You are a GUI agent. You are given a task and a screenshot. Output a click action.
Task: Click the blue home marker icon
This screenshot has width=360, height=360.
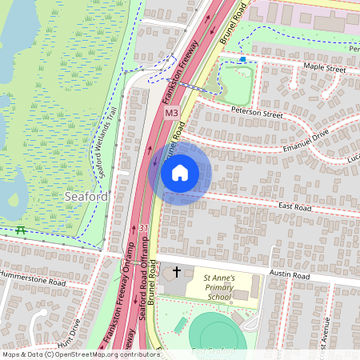coord(180,172)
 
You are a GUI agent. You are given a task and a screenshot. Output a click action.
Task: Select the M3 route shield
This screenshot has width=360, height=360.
coord(171,114)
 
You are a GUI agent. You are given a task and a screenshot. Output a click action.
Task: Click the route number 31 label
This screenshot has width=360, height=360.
coord(143,230)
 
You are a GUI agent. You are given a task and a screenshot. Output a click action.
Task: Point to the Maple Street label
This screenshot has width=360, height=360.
coord(324,70)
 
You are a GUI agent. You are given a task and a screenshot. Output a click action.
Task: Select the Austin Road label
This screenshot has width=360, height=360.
coord(290,275)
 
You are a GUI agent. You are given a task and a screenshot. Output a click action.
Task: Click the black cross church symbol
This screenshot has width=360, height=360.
coord(177,272)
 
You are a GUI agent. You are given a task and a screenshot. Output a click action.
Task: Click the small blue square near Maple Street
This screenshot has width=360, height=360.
coord(243,59)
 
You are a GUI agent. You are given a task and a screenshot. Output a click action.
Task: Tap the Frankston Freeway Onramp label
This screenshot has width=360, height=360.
coord(120,300)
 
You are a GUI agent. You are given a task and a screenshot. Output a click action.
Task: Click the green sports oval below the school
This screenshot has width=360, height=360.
coord(217,332)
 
